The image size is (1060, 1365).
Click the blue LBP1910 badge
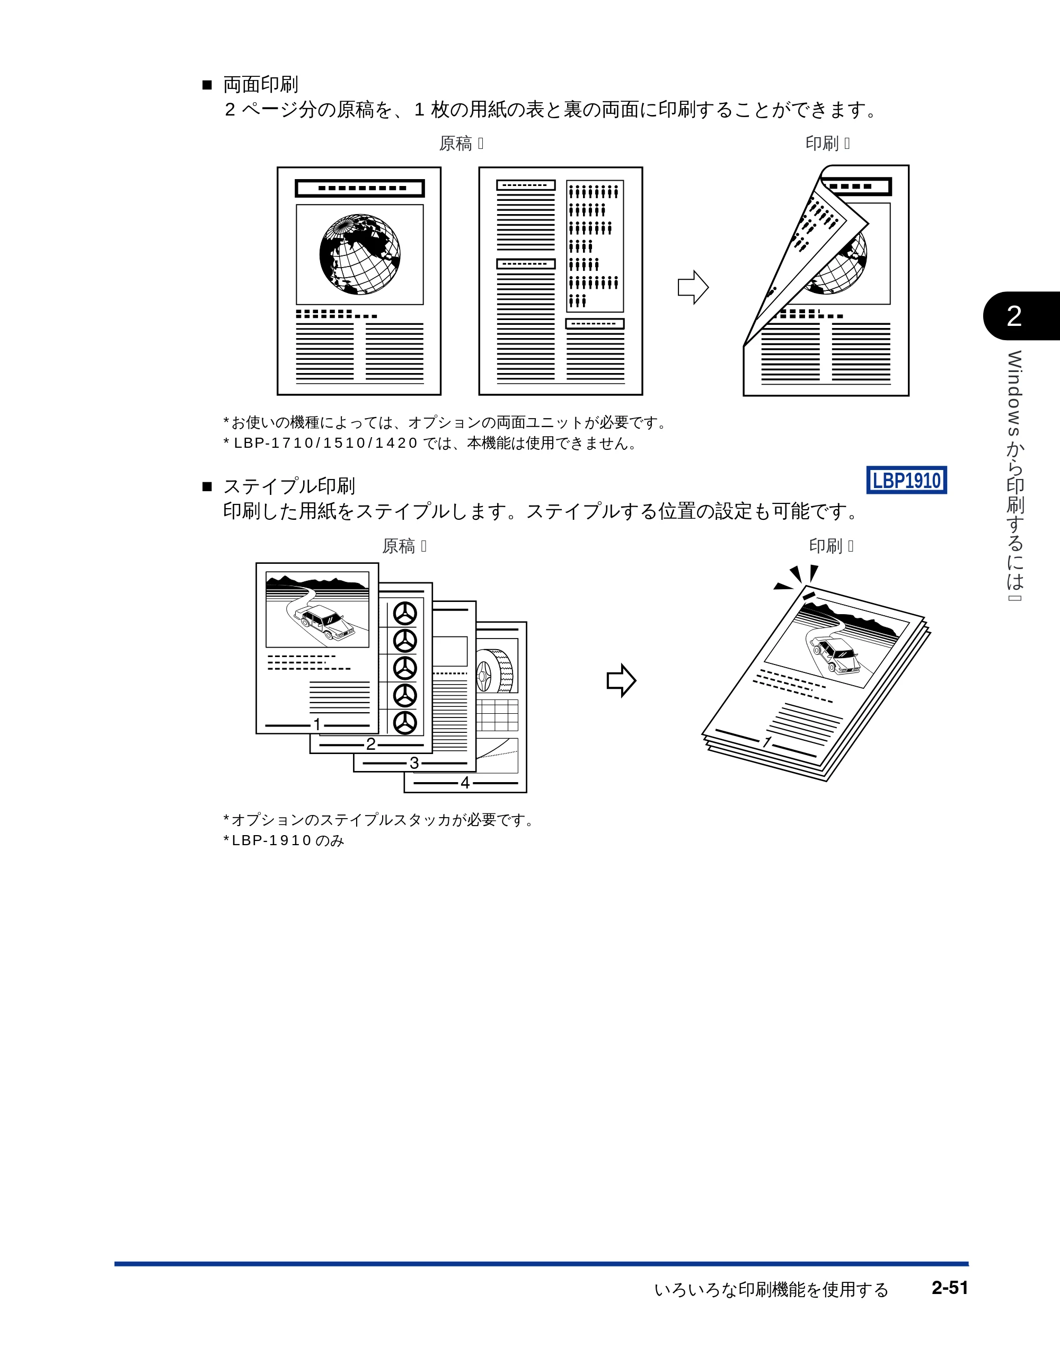[906, 480]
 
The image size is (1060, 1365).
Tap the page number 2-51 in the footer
[949, 1288]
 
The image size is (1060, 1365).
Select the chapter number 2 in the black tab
[1014, 316]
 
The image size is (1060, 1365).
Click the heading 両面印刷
[261, 84]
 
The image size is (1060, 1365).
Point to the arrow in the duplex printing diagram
[693, 288]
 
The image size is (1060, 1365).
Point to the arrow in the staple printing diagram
[621, 680]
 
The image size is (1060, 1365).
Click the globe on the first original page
[359, 254]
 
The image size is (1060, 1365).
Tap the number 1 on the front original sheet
[317, 724]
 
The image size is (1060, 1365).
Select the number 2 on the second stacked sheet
[370, 744]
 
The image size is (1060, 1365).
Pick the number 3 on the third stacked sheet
[414, 763]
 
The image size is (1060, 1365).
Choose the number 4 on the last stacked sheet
[465, 783]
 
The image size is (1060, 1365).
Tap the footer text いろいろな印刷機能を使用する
[771, 1289]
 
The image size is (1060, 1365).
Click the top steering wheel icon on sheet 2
[405, 614]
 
